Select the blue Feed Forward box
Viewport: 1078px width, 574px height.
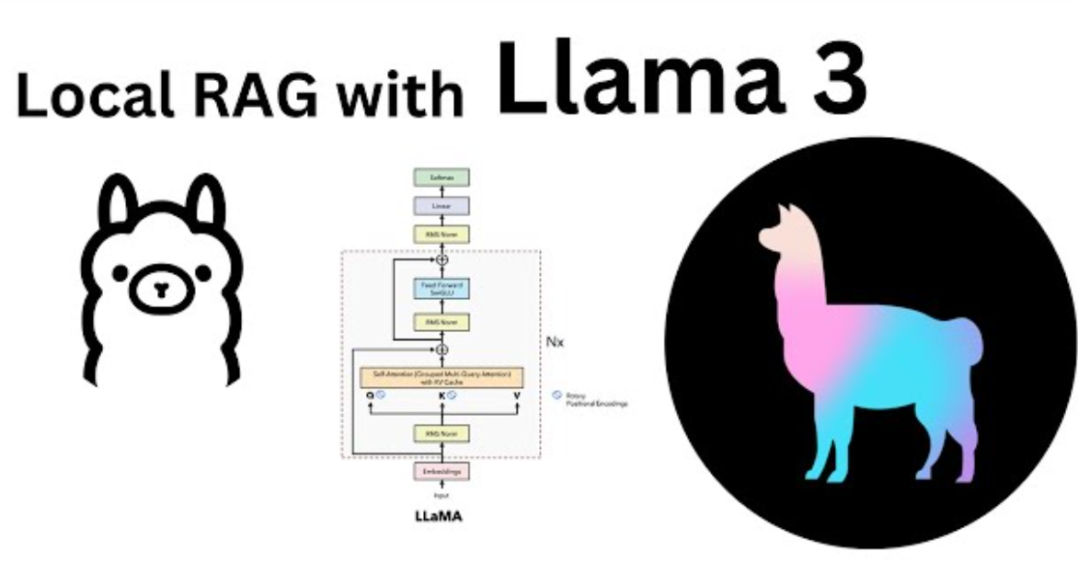tap(441, 290)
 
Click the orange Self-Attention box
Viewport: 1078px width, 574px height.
tap(441, 376)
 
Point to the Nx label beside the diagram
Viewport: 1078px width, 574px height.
tap(556, 341)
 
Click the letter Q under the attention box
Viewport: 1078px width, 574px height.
tap(370, 396)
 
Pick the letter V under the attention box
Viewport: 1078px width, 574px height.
tap(517, 396)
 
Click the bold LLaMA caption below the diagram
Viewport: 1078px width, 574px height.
tap(439, 516)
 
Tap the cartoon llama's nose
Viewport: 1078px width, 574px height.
tap(161, 289)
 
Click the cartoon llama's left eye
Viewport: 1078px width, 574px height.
tap(120, 273)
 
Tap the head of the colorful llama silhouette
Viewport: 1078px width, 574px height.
tap(782, 230)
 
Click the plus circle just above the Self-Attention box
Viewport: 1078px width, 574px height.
tap(442, 350)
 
